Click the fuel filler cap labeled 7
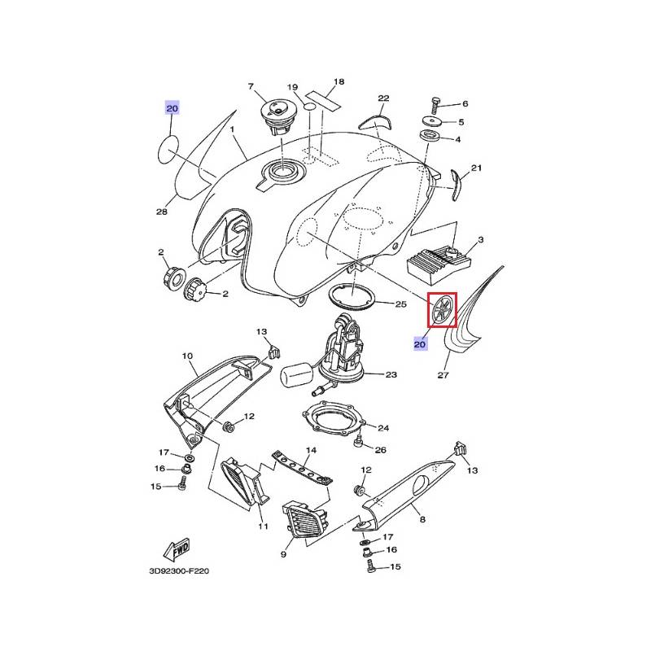click(x=276, y=114)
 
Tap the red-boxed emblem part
click(x=442, y=309)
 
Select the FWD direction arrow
click(x=177, y=549)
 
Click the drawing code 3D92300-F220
click(x=179, y=571)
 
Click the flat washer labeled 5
click(x=433, y=121)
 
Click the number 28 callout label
click(x=161, y=212)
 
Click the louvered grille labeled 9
click(x=304, y=519)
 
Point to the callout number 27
click(x=443, y=375)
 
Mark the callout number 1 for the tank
click(x=232, y=129)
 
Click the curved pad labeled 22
click(x=375, y=122)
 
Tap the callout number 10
click(x=188, y=356)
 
